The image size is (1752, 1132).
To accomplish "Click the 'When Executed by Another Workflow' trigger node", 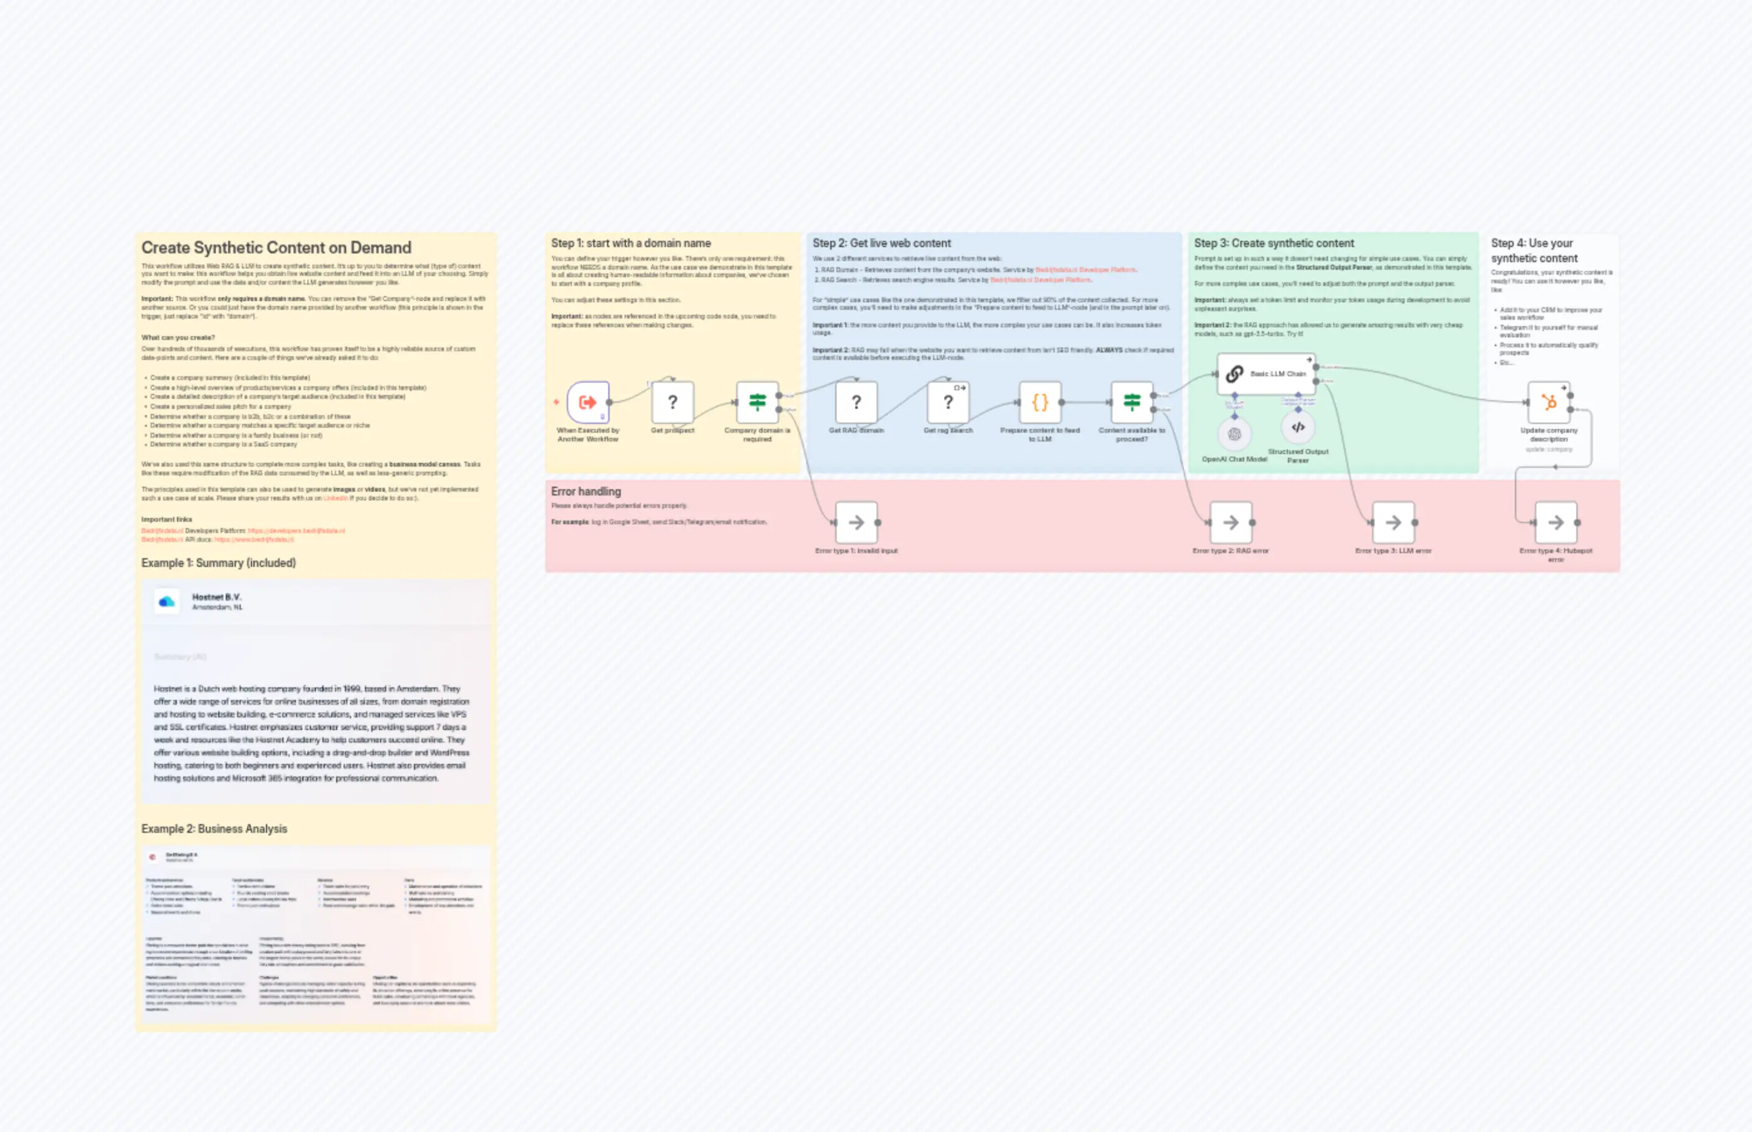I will pos(588,402).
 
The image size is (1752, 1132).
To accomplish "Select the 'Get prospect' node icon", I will pos(672,402).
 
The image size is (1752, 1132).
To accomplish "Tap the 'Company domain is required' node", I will pos(757,402).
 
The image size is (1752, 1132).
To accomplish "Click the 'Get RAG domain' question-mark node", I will pos(856,402).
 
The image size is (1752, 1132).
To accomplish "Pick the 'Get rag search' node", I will pos(948,402).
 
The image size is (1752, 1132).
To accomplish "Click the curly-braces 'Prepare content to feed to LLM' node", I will pos(1040,402).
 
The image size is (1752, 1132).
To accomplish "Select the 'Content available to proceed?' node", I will pos(1132,402).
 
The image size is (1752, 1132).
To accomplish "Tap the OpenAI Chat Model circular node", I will pos(1235,435).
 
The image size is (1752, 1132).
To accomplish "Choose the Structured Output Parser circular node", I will pos(1299,427).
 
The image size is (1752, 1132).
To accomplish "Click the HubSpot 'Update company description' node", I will pos(1549,402).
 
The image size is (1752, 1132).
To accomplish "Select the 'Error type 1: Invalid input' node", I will pos(856,522).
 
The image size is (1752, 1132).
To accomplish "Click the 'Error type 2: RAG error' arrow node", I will pos(1231,522).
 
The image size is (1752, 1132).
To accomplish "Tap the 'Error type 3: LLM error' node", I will pos(1393,522).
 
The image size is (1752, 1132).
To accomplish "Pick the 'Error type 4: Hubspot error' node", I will pos(1556,522).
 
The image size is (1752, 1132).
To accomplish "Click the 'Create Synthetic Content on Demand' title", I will pos(277,248).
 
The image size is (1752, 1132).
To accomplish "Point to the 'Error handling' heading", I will pos(586,491).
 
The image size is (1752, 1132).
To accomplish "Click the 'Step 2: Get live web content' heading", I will pos(881,243).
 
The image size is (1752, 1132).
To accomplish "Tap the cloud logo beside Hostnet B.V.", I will pos(167,602).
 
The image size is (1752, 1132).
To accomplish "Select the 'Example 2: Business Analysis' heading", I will pos(214,828).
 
